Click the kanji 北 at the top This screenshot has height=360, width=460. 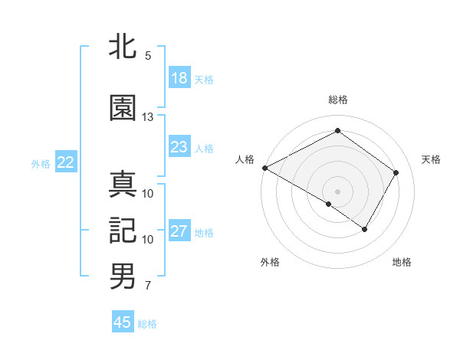click(123, 47)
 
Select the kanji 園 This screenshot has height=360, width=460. click(123, 108)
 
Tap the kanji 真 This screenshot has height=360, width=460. click(123, 185)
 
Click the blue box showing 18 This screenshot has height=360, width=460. click(179, 78)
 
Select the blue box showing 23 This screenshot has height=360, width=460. click(179, 147)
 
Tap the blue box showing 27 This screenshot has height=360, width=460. click(179, 231)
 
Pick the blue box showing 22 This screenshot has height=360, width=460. click(65, 162)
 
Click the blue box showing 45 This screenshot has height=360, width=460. click(123, 322)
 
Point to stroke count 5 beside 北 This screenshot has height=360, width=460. click(148, 56)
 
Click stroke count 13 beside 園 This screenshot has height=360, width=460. click(148, 117)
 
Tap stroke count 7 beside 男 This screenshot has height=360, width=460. click(148, 286)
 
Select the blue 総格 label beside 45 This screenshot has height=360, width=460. click(147, 324)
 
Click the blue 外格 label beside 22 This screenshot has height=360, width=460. click(41, 163)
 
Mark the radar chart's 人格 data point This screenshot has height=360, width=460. click(264, 168)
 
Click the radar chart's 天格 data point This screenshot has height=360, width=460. click(396, 172)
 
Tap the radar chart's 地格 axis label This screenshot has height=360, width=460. click(402, 262)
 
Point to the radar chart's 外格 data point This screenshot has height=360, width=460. click(329, 204)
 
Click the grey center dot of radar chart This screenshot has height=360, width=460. click(337, 191)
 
